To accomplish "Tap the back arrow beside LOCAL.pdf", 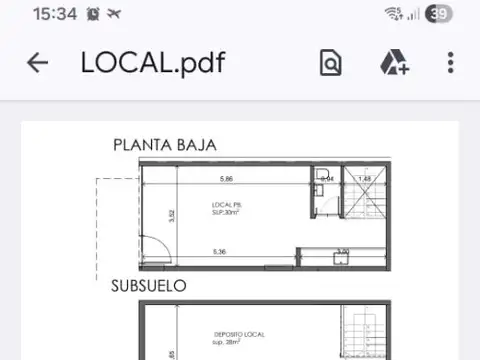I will pyautogui.click(x=37, y=63).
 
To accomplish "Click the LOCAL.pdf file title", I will pyautogui.click(x=153, y=63).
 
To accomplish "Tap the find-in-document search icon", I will pyautogui.click(x=330, y=63).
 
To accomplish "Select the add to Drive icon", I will pyautogui.click(x=393, y=63).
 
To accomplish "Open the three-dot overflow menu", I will pyautogui.click(x=451, y=63).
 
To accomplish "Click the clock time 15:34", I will pyautogui.click(x=54, y=14).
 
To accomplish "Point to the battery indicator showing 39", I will pyautogui.click(x=438, y=14).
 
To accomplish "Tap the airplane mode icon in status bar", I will pyautogui.click(x=114, y=14).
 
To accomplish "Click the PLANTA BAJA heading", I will pyautogui.click(x=164, y=146).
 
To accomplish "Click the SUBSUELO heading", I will pyautogui.click(x=149, y=286).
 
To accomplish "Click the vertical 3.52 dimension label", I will pyautogui.click(x=172, y=214).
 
